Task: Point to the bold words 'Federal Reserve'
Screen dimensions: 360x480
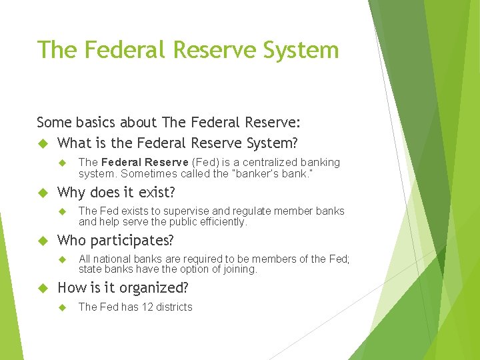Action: coord(145,162)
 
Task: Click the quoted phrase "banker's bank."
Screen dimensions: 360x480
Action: coord(275,173)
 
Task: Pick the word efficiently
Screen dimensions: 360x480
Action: coord(222,222)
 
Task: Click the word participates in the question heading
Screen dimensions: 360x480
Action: coord(131,240)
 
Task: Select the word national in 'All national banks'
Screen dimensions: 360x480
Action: coord(112,259)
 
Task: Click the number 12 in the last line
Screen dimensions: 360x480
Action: coord(143,307)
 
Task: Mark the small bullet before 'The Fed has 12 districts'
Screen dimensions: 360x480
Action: coord(63,307)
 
